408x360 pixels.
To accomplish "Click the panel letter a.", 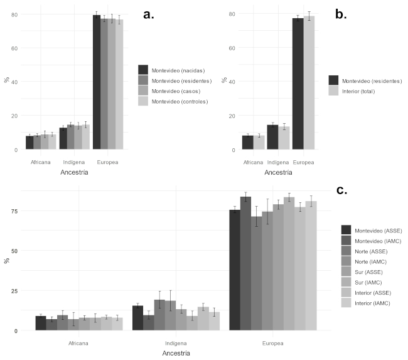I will coord(149,14).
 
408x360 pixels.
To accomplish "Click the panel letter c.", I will coord(341,189).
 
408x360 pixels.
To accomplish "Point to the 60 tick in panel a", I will coord(14,48).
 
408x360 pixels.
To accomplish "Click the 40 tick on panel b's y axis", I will coord(232,82).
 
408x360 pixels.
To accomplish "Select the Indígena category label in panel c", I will coord(175,343).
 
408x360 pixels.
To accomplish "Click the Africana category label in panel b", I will coord(253,160).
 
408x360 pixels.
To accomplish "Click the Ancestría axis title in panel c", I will coord(175,353).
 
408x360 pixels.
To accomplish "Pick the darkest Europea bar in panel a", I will coord(97,82).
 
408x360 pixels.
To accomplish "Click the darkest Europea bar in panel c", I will coord(234,270).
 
